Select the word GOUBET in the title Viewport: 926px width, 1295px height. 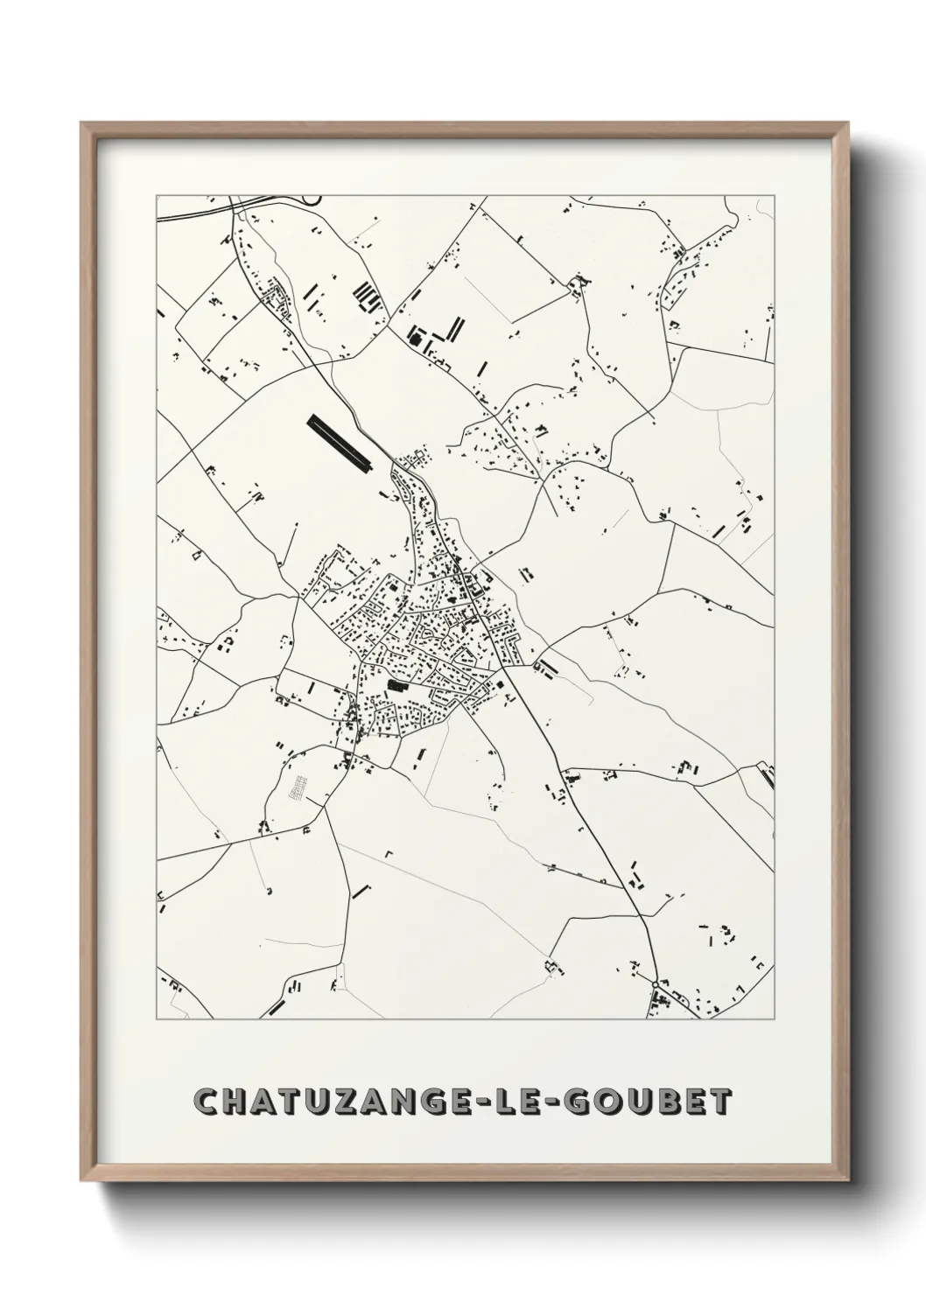(x=663, y=1102)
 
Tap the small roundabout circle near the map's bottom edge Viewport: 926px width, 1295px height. (x=656, y=985)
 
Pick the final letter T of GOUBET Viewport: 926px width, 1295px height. (x=718, y=1102)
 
